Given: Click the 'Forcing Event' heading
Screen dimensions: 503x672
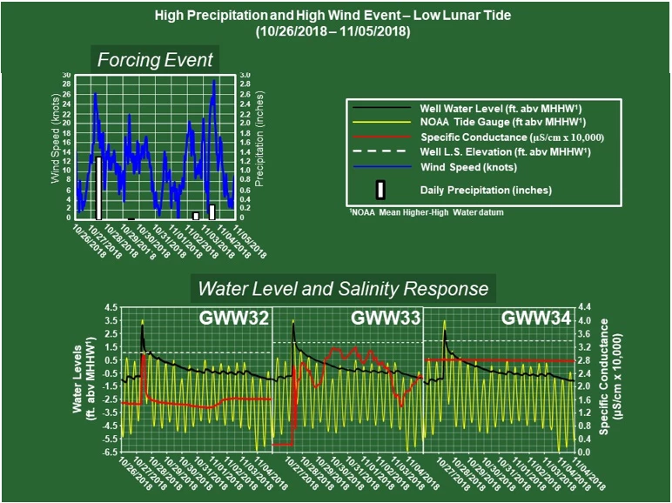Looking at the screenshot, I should (155, 61).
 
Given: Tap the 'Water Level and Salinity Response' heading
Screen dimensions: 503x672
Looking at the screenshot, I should (343, 288).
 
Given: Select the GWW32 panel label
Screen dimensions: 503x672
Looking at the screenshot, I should (237, 319).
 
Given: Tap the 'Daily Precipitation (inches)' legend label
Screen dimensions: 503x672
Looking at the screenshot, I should (486, 190).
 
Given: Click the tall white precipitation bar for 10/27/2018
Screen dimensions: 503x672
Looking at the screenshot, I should (99, 187).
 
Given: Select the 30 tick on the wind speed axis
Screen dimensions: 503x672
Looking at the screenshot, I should (66, 75).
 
